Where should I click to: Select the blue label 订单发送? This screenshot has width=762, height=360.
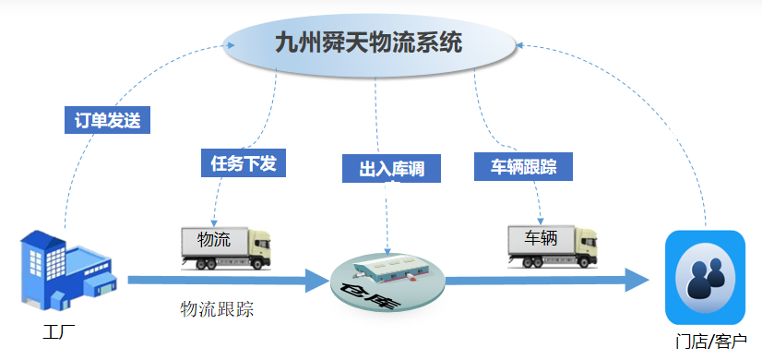pos(107,120)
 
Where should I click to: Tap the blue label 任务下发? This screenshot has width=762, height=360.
pos(243,162)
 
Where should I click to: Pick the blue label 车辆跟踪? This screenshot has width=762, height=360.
pos(522,166)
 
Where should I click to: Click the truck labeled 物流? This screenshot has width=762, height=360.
pos(226,246)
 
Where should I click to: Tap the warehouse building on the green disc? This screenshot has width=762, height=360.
pos(387,267)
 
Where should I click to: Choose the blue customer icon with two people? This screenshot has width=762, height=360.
pos(704,276)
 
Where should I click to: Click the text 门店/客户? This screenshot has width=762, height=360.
pos(709,341)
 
